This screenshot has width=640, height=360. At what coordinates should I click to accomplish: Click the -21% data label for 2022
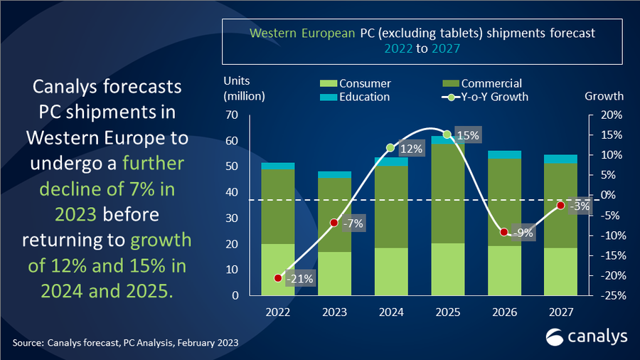point(299,279)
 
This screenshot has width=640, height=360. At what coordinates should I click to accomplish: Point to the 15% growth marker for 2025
point(447,134)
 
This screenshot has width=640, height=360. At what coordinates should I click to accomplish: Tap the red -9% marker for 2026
point(503,232)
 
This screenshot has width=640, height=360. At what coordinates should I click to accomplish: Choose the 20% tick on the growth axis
point(611,115)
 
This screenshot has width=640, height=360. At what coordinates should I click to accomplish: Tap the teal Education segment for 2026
point(504,154)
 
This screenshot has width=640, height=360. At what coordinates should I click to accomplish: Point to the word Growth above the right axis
point(604,96)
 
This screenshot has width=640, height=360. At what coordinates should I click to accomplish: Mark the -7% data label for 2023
point(353,223)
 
